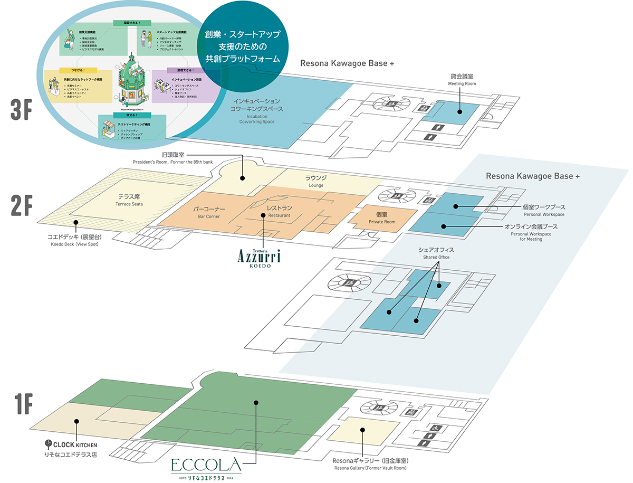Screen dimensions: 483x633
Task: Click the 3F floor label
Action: [22, 108]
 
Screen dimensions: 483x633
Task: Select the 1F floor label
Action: [22, 404]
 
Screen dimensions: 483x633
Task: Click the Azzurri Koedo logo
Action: [258, 258]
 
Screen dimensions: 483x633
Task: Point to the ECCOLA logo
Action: [206, 467]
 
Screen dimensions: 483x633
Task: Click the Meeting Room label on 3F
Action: [462, 79]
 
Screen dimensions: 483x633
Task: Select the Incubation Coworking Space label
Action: [257, 111]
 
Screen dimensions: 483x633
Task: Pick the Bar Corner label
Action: [209, 212]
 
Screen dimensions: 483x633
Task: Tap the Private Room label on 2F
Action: [382, 218]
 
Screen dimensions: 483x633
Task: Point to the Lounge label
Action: [316, 181]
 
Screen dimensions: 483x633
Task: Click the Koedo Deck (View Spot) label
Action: [74, 240]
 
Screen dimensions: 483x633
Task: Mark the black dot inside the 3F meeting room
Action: [459, 111]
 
